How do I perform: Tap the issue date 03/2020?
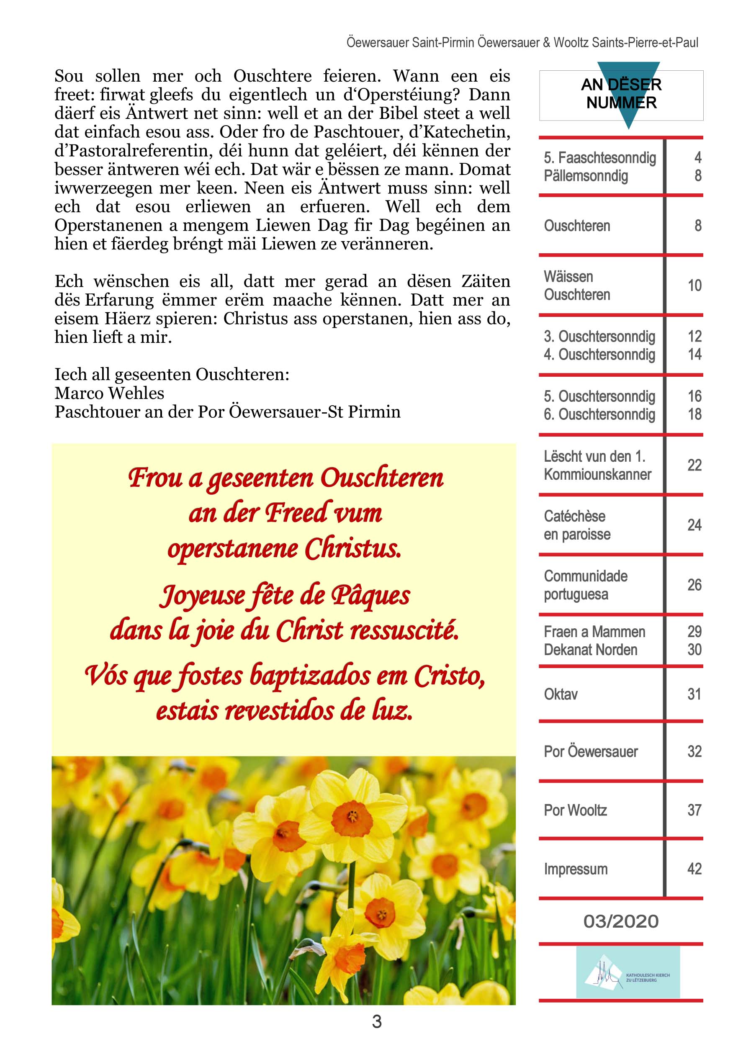point(620,921)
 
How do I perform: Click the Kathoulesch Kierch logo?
point(628,972)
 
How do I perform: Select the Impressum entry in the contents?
point(575,869)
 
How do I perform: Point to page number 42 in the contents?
point(694,868)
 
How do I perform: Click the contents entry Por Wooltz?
point(575,810)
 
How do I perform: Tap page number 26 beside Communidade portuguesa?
point(694,585)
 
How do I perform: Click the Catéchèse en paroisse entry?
point(577,525)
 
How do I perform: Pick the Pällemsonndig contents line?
point(586,176)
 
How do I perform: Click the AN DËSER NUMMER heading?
point(621,93)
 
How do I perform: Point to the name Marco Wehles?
point(109,393)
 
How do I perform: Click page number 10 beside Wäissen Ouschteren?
point(694,285)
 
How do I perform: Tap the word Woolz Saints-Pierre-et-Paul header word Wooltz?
point(571,43)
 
